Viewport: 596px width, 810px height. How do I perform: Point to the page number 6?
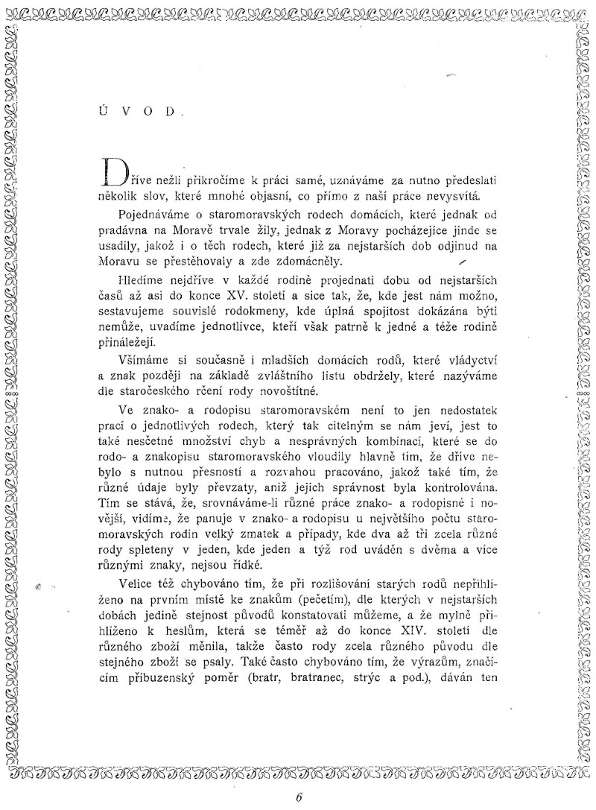coord(297,797)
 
